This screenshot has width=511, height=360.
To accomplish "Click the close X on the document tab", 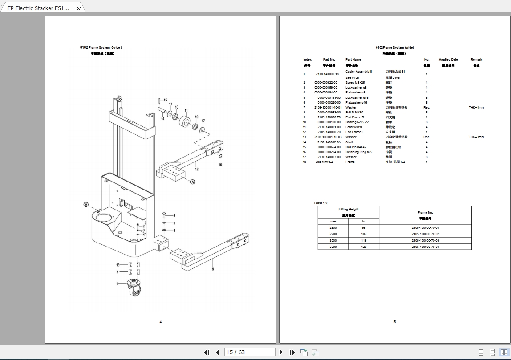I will pos(79,8).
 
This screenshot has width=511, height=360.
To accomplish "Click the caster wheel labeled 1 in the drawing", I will pos(134,289).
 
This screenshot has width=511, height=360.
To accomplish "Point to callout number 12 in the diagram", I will pos(196,169).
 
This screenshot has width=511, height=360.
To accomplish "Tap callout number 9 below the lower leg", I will pos(213,269).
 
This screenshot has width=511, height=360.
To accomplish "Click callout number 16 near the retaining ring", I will pos(220,165).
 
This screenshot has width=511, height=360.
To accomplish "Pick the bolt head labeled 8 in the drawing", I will pos(164,215).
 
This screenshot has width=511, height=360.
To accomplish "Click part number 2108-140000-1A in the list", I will pos(327,74).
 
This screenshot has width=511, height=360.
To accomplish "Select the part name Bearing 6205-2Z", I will pos(357,122).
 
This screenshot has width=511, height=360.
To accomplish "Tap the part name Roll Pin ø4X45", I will pos(356,147).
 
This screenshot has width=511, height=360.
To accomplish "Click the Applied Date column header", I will pos(448,59).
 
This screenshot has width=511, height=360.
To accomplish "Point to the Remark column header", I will pos(476,59).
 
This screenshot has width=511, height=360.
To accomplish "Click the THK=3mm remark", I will pos(476,137).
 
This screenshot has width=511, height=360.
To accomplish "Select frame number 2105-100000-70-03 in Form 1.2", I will pos(425,240).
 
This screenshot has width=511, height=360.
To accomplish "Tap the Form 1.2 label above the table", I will pos(320,203).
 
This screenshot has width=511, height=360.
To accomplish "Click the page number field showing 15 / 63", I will pos(249,352).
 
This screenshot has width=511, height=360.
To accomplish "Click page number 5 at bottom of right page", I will pos(394,322).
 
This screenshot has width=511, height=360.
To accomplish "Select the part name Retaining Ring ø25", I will pos(359,152).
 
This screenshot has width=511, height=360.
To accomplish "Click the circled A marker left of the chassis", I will pos(85,204).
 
